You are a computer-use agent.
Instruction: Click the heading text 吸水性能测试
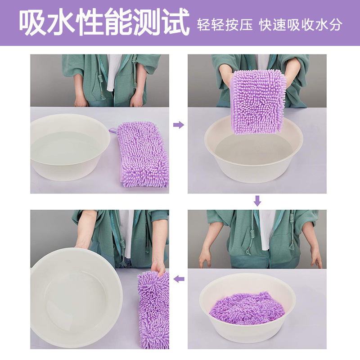pyautogui.click(x=104, y=22)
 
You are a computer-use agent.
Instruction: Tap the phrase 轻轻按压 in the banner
pyautogui.click(x=225, y=24)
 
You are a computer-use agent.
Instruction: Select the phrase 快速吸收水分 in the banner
pyautogui.click(x=301, y=24)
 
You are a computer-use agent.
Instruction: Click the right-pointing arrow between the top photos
pyautogui.click(x=178, y=125)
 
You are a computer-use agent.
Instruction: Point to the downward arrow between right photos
pyautogui.click(x=257, y=201)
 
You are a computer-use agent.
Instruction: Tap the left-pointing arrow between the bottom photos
pyautogui.click(x=179, y=279)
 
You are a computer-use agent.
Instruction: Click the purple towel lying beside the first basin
pyautogui.click(x=142, y=154)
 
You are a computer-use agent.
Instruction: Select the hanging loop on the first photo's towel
pyautogui.click(x=113, y=130)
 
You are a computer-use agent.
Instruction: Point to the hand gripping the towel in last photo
pyautogui.click(x=158, y=266)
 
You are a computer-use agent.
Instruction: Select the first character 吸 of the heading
pyautogui.click(x=32, y=22)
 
